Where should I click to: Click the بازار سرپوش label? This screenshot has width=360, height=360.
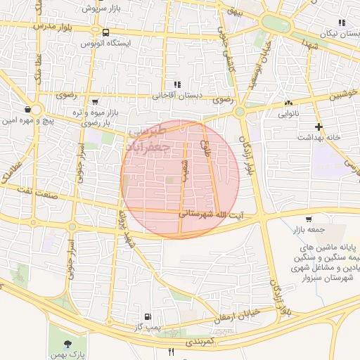point(97,8)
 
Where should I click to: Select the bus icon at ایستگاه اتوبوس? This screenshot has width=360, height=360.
point(105,32)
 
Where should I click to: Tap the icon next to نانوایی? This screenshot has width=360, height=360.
point(289,103)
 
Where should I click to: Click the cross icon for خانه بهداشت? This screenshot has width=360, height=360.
point(319,127)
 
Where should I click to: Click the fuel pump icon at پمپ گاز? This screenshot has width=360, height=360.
point(147,317)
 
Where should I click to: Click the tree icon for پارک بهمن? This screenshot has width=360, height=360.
point(67,344)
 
